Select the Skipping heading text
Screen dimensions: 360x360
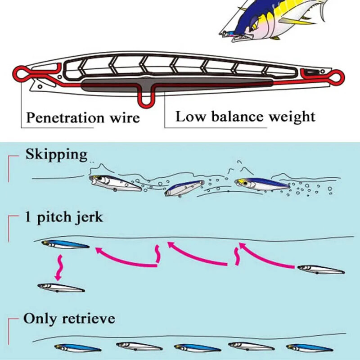[x=56, y=155]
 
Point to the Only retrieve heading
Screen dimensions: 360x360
[x=69, y=319]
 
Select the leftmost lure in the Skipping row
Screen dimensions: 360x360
[x=115, y=182]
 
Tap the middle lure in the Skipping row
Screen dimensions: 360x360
[x=184, y=188]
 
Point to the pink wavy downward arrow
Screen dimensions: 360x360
[x=58, y=267]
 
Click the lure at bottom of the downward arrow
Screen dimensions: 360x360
[x=61, y=287]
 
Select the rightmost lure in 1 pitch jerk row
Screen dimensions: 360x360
[x=321, y=270]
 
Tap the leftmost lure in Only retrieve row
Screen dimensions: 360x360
[x=77, y=348]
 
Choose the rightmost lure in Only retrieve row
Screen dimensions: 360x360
[x=309, y=348]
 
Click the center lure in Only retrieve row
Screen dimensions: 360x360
[x=197, y=348]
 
